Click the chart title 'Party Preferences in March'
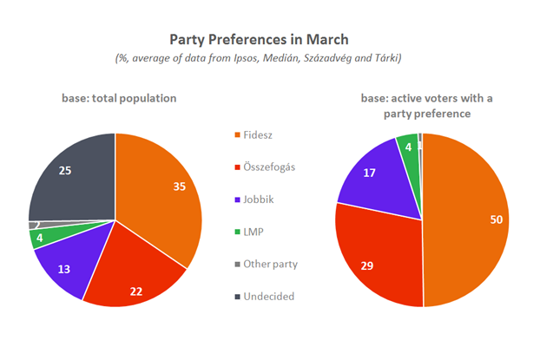tap(270, 39)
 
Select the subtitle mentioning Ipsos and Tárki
tap(270, 58)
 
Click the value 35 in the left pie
tap(177, 186)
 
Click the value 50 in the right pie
tap(496, 220)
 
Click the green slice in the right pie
tap(407, 145)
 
